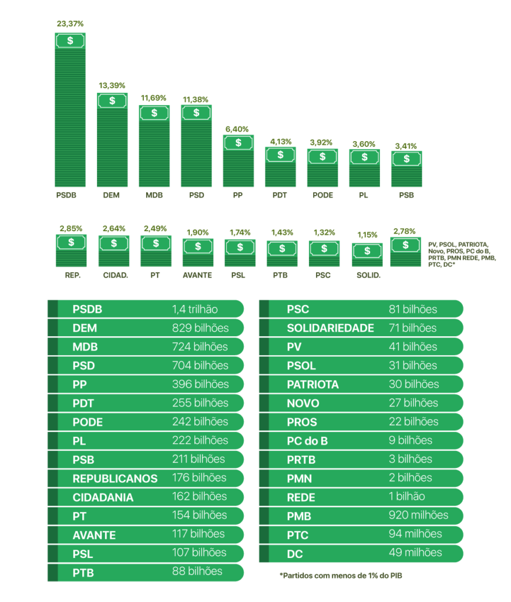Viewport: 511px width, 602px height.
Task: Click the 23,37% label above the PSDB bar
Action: click(x=70, y=24)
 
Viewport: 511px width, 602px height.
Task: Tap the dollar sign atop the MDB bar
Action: click(x=154, y=113)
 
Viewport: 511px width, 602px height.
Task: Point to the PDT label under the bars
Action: click(x=280, y=195)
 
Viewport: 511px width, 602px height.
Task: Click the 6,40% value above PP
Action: click(x=238, y=129)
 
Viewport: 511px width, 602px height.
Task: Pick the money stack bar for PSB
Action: click(x=406, y=168)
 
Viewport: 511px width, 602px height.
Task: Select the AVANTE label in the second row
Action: click(x=197, y=275)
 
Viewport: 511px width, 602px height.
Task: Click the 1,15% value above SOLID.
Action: click(x=367, y=235)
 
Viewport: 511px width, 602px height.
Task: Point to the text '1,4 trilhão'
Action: click(x=195, y=309)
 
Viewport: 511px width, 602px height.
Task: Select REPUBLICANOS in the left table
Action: click(x=115, y=479)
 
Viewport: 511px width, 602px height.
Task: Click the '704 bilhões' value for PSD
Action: click(x=200, y=366)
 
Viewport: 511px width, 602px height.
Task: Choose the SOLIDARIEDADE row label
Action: click(x=330, y=328)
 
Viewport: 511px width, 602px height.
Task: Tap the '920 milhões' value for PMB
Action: click(x=418, y=516)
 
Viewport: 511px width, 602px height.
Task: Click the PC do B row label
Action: click(x=307, y=441)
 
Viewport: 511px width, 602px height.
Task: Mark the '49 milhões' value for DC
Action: click(x=415, y=553)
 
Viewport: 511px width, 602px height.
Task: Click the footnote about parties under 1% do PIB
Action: click(x=341, y=576)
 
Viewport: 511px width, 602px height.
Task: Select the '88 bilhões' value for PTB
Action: click(x=197, y=571)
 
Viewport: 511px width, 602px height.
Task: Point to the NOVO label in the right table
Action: click(x=303, y=403)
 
